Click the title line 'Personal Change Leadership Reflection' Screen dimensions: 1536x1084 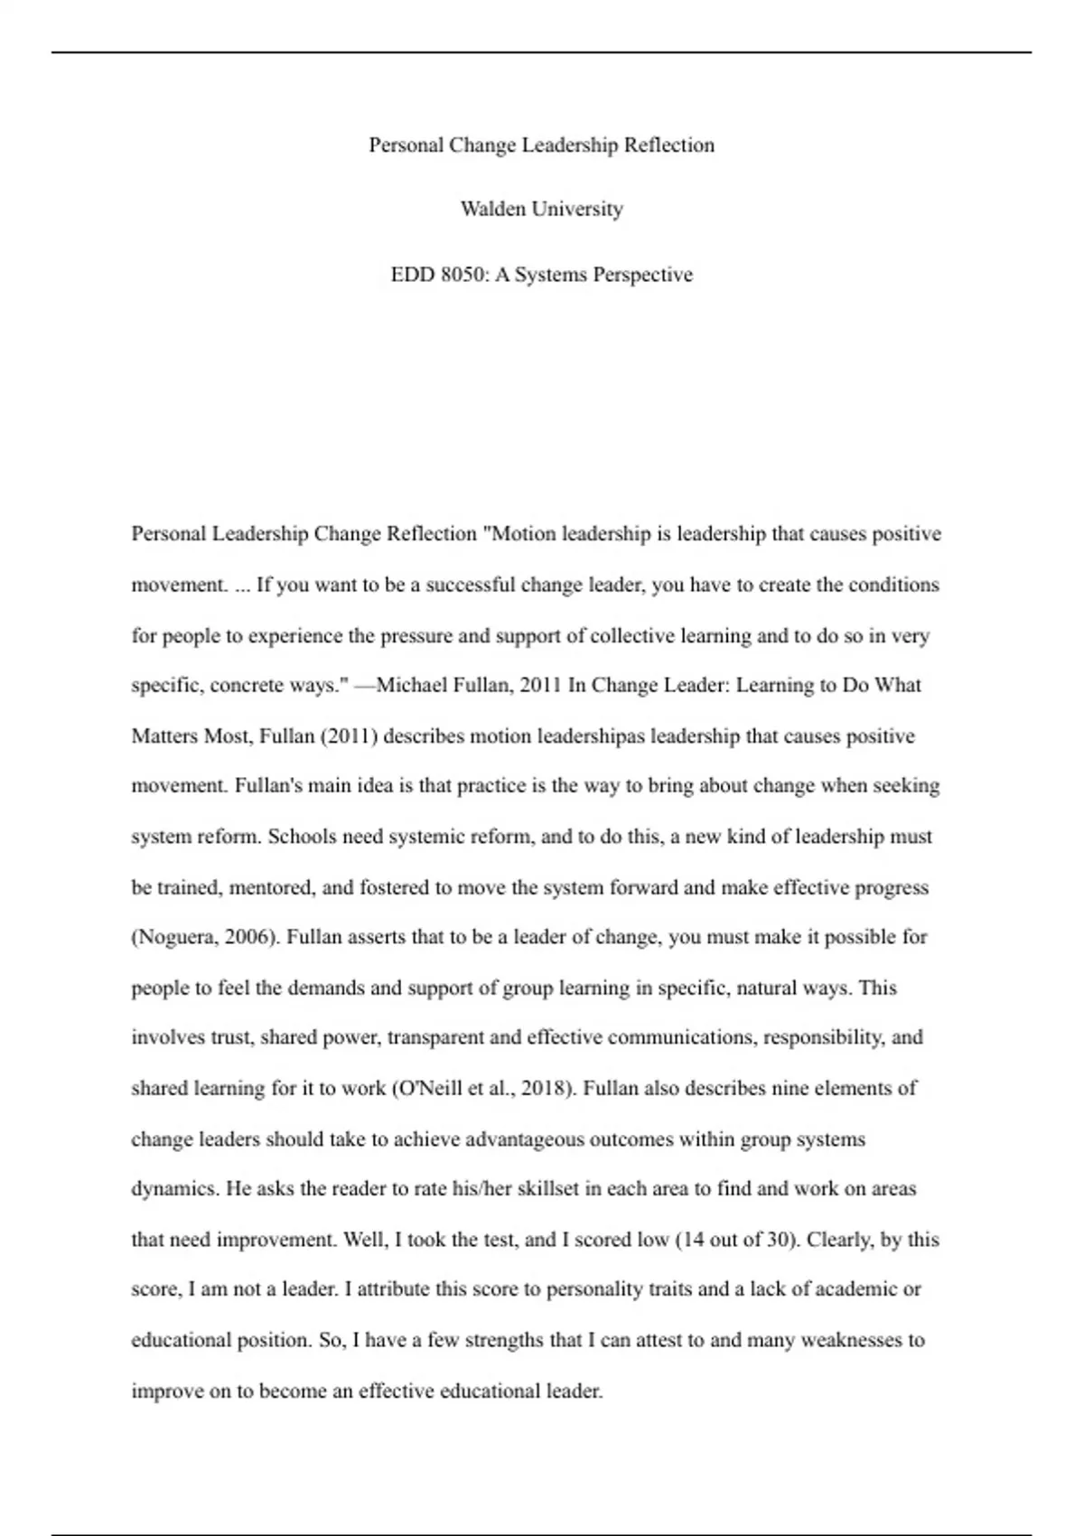pos(541,145)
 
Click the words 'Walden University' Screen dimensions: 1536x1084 pos(541,210)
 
